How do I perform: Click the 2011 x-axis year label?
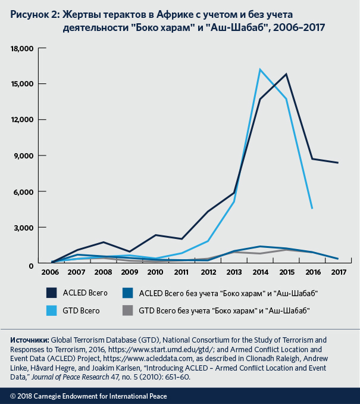(x=181, y=273)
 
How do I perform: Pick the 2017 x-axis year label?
(x=338, y=273)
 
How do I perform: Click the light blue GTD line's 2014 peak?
(x=260, y=70)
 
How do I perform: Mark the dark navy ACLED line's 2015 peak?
(x=286, y=74)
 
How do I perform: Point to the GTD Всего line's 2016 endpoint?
(x=312, y=208)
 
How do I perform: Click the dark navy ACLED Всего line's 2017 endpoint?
(x=338, y=163)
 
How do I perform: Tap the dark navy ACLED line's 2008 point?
(x=104, y=242)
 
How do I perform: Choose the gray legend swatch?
(x=127, y=310)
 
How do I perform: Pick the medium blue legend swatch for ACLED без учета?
(x=127, y=293)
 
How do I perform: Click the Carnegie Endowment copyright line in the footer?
(x=89, y=396)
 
